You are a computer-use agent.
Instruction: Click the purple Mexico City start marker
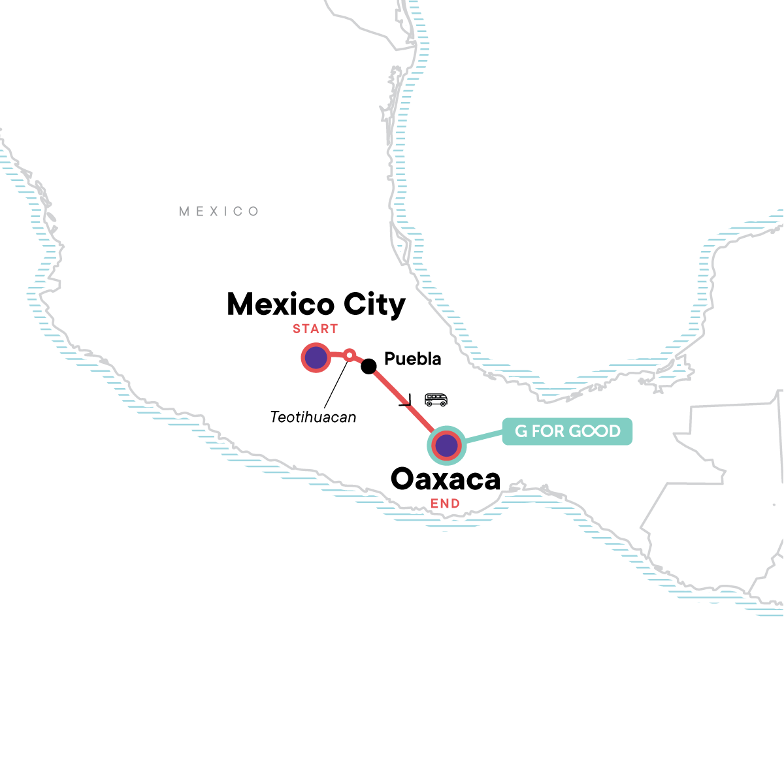click(x=316, y=357)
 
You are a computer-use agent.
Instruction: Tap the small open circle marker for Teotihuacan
click(x=350, y=355)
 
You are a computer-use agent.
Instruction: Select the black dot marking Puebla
click(x=368, y=366)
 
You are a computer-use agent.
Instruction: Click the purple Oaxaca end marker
click(x=446, y=446)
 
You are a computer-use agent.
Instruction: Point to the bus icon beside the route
click(x=436, y=399)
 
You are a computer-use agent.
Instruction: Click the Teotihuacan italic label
click(x=313, y=416)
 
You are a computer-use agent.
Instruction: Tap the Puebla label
click(x=412, y=359)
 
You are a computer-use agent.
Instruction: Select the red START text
click(x=315, y=329)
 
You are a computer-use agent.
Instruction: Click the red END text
click(x=445, y=503)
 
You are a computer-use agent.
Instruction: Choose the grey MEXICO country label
click(x=219, y=211)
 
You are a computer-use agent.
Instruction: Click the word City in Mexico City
click(x=375, y=304)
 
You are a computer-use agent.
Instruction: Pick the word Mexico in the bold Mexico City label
click(x=281, y=304)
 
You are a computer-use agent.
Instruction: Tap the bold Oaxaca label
click(x=446, y=480)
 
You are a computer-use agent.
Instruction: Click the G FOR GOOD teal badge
click(x=567, y=431)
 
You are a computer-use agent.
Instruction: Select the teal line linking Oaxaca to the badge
click(x=483, y=438)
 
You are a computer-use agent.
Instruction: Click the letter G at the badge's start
click(x=521, y=431)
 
